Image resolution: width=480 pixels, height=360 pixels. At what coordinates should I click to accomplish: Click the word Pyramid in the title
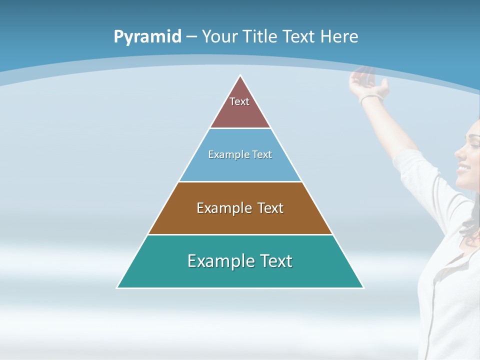pos(147,37)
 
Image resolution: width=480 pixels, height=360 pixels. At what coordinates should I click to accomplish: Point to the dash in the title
pos(191,37)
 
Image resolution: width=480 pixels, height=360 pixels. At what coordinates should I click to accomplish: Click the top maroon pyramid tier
pos(240,107)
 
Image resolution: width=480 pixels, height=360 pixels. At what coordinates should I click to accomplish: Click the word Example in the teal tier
pos(215,261)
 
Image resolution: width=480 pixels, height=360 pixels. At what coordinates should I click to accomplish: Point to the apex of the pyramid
pos(240,76)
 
